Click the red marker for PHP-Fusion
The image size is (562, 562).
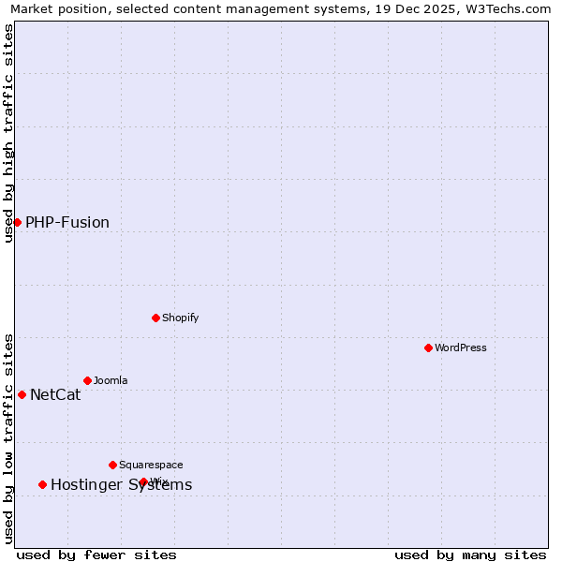click(x=17, y=222)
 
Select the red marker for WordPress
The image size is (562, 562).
click(x=428, y=348)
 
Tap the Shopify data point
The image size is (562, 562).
click(x=155, y=318)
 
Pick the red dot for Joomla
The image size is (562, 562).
click(x=87, y=380)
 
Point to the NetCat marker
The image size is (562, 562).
click(x=22, y=394)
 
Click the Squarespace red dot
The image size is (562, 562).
click(x=112, y=465)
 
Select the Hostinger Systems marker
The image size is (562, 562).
click(x=42, y=484)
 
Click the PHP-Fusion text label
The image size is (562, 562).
click(x=67, y=223)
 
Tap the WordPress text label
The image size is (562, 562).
click(x=461, y=348)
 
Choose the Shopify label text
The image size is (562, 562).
click(x=181, y=318)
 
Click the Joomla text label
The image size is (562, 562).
click(x=111, y=380)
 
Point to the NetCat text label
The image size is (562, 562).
click(x=55, y=395)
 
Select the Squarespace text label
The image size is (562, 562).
click(x=151, y=465)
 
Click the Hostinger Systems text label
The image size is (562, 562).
click(x=121, y=485)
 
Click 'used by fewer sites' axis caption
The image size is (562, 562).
click(x=96, y=555)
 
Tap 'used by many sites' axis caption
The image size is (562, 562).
click(x=470, y=555)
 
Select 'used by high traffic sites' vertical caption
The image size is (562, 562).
click(x=9, y=133)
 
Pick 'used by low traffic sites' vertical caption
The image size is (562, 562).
click(x=9, y=438)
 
